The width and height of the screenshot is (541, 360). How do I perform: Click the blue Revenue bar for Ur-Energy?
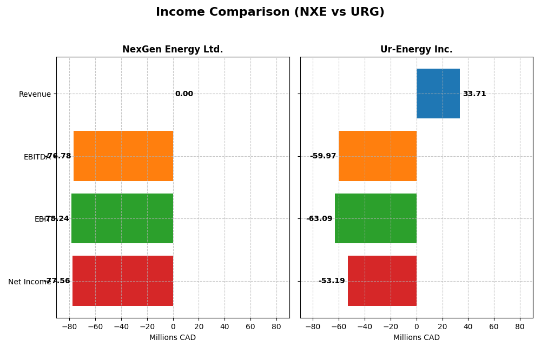[438, 94]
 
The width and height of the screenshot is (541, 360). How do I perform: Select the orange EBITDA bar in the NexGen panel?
[123, 156]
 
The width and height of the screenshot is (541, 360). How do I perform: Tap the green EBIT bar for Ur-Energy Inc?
[375, 218]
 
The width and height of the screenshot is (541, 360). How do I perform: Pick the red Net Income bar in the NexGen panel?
[123, 281]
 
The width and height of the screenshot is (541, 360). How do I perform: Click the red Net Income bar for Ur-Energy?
[382, 281]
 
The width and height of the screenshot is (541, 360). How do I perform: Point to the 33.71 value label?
[474, 94]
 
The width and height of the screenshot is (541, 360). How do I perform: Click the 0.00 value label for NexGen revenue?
[184, 94]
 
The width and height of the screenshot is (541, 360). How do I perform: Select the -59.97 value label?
[323, 156]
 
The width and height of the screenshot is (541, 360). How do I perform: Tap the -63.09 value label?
[319, 219]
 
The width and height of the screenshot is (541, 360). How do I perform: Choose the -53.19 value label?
[332, 281]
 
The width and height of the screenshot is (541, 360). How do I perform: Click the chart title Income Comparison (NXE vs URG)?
[270, 12]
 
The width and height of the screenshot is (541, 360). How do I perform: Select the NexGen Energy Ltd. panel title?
[173, 50]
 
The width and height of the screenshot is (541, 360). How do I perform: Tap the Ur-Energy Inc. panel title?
[416, 50]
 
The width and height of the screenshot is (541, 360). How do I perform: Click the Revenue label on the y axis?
[35, 95]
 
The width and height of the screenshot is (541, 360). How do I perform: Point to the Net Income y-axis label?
[29, 282]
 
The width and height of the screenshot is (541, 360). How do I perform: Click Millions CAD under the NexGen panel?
[173, 338]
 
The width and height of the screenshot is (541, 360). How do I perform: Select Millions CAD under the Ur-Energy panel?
[416, 338]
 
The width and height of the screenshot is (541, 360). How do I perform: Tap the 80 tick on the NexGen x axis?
[276, 326]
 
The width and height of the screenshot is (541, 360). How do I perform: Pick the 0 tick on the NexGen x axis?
[173, 326]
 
